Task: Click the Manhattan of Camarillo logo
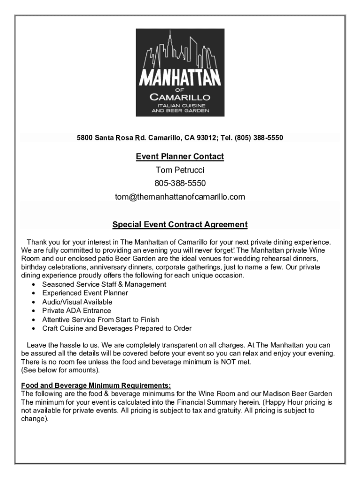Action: click(x=180, y=73)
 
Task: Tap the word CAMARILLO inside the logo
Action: click(x=180, y=97)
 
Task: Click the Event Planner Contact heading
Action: click(x=180, y=156)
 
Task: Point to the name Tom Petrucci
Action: click(x=180, y=169)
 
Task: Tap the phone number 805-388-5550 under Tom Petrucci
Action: click(x=180, y=183)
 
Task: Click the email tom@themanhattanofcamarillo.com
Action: click(x=180, y=196)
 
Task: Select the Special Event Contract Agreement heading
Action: click(x=180, y=225)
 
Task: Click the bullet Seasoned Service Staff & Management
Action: click(x=104, y=284)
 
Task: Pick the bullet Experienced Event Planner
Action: click(x=85, y=293)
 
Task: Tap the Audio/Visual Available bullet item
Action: click(x=77, y=302)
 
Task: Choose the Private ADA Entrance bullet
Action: click(x=77, y=311)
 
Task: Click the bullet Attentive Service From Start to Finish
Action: click(x=101, y=319)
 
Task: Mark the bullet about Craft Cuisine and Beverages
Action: click(x=117, y=328)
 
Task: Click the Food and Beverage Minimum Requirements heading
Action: click(x=96, y=386)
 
